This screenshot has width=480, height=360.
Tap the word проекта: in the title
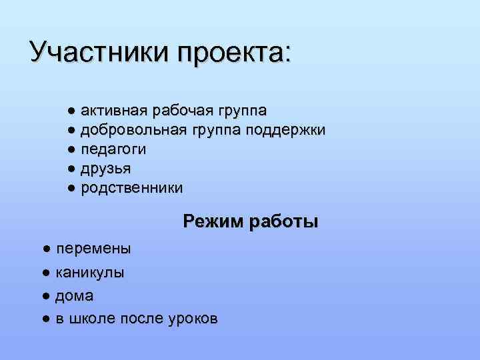pos(233,53)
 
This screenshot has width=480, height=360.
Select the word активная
pos(114,109)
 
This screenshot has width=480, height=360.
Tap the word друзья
pos(106,169)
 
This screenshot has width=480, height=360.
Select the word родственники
pos(131,189)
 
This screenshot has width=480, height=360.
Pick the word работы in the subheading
pos(283,221)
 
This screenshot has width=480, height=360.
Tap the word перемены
pos(93,249)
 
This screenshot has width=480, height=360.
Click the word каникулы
pos(90,273)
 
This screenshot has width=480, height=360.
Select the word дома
pos(74,295)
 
